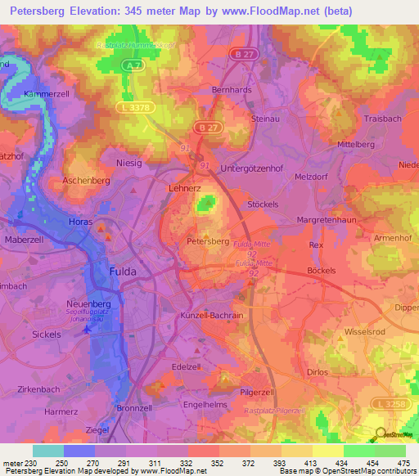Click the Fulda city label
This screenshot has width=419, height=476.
point(124,271)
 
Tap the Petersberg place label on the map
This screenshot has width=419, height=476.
point(208,241)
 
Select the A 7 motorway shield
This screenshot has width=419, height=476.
point(137,71)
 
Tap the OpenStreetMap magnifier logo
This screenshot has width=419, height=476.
point(381,433)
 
